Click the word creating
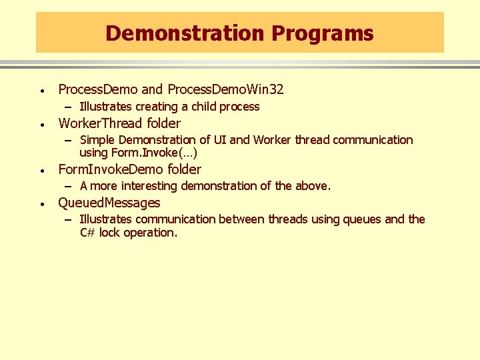(157, 107)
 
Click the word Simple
(97, 140)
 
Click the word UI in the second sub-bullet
(219, 140)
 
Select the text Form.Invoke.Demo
(111, 169)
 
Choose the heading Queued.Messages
(109, 203)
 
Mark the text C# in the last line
(87, 233)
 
